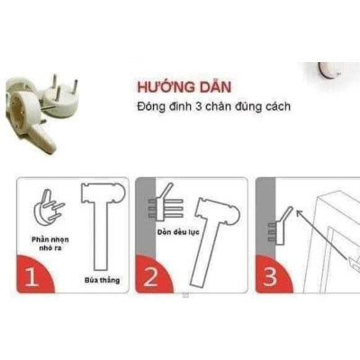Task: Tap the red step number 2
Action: click(150, 276)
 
